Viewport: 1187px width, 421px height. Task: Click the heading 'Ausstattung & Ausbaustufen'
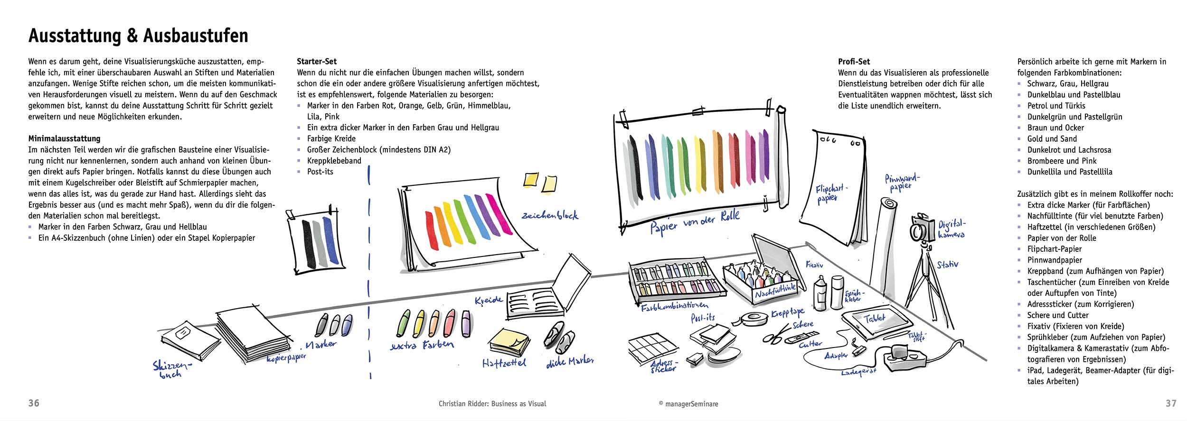click(x=138, y=36)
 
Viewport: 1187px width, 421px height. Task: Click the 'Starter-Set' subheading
click(x=317, y=62)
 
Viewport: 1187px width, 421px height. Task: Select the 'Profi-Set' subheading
click(x=854, y=62)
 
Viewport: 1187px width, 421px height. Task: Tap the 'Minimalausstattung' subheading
click(x=64, y=139)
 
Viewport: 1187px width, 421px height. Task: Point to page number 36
click(x=34, y=403)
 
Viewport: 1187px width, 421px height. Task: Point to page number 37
click(x=1171, y=403)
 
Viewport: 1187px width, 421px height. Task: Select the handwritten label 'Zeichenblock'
click(x=550, y=215)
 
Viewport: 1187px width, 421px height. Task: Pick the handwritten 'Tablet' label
click(x=875, y=319)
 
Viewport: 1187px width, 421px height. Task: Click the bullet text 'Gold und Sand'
click(x=1052, y=139)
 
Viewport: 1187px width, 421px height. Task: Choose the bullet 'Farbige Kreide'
click(x=331, y=139)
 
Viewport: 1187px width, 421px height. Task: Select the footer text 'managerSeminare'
click(x=692, y=404)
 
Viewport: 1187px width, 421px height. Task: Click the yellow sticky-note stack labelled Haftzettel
click(x=509, y=342)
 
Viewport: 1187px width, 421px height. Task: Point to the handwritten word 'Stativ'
click(x=947, y=264)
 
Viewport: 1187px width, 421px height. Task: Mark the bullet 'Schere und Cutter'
click(x=1058, y=315)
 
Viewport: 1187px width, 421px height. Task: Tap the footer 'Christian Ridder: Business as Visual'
click(x=492, y=404)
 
